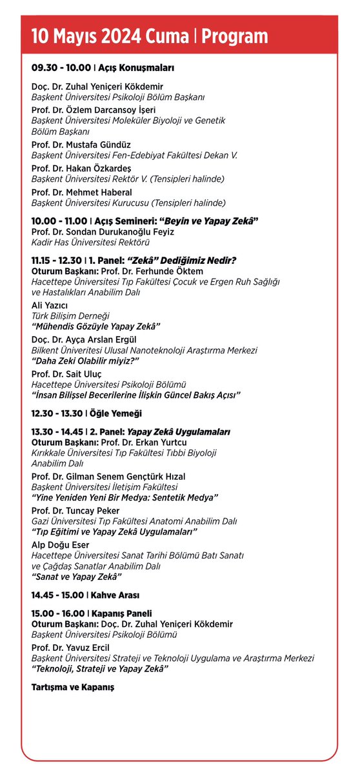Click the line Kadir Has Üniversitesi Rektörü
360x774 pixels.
(x=91, y=243)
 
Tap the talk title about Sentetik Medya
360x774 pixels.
(x=125, y=498)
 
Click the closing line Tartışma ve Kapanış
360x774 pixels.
(x=73, y=688)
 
